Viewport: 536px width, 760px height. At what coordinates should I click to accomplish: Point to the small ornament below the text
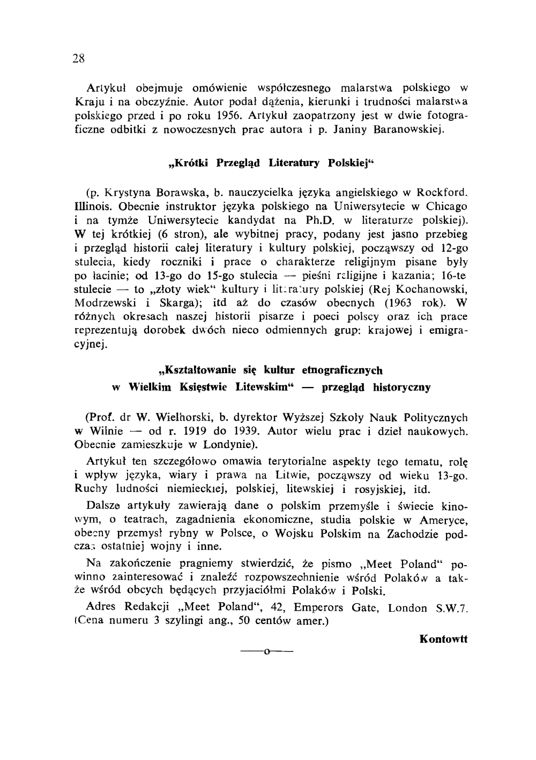pyautogui.click(x=267, y=652)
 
